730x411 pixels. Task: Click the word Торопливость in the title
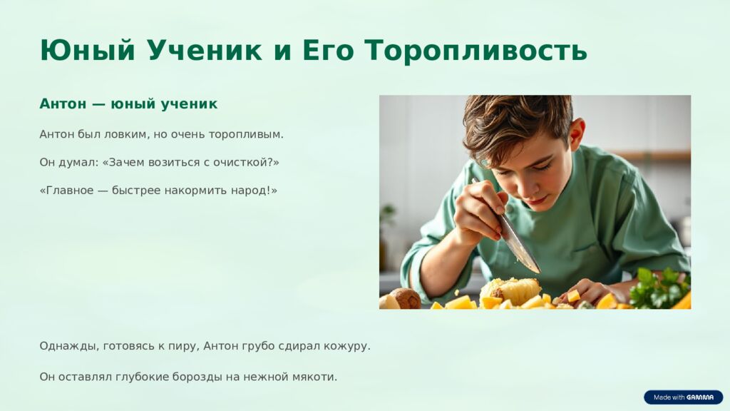(475, 51)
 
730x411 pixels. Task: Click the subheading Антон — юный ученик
(128, 104)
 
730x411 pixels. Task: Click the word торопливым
(246, 134)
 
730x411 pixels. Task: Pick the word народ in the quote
(252, 191)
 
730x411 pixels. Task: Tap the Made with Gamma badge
(683, 397)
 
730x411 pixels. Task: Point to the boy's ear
(576, 134)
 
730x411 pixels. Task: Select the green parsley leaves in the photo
(659, 288)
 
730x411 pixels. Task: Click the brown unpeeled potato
(406, 298)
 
